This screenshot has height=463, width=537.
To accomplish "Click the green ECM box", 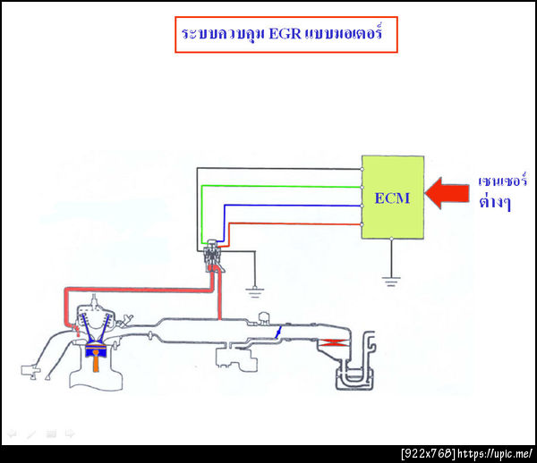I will click(393, 197).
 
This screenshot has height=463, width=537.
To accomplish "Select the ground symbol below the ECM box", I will click(391, 280).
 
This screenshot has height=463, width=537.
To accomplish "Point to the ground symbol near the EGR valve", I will click(255, 288).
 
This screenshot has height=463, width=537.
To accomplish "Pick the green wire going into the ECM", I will click(277, 186).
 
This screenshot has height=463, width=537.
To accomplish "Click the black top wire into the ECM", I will click(277, 167).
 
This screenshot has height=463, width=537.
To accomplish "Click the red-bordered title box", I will click(285, 37).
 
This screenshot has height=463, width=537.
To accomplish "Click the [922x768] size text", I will click(430, 454).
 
